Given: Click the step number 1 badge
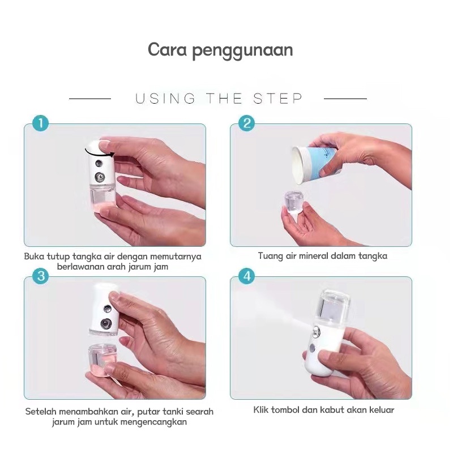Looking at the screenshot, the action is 41,123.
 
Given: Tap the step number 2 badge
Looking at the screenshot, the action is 247,123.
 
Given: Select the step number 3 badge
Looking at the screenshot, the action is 41,276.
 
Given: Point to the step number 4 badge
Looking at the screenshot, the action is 247,276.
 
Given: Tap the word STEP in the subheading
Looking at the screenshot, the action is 277,99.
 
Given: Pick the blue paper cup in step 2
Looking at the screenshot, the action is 317,164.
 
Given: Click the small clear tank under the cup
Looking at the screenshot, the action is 293,202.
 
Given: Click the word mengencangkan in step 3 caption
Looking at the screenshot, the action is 153,422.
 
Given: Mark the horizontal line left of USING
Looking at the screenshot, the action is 90,99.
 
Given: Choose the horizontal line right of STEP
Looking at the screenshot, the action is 345,99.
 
